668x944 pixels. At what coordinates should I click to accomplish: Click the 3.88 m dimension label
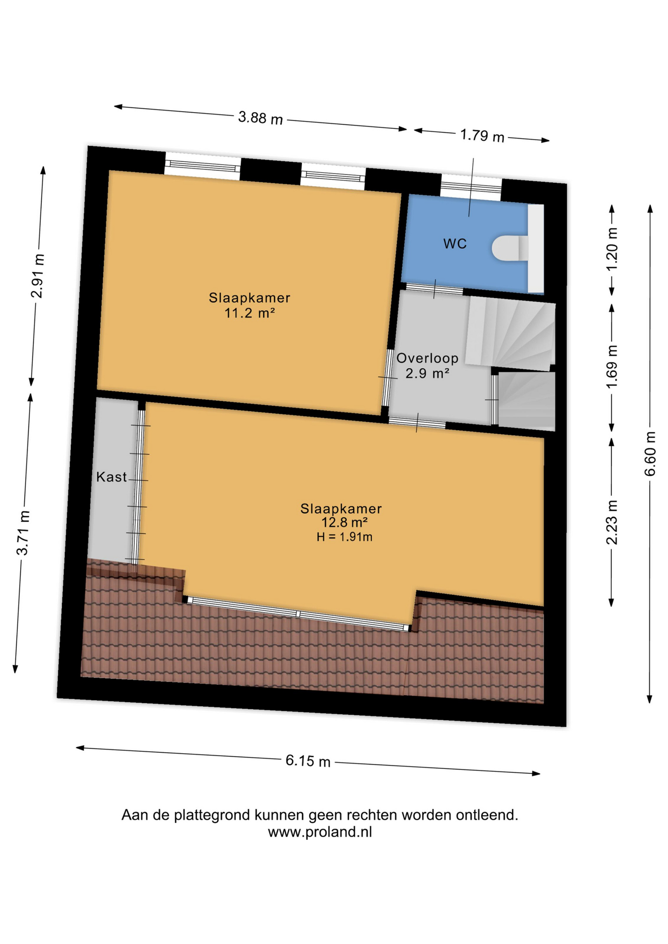tap(261, 118)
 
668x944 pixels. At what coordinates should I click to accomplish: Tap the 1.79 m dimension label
tap(482, 135)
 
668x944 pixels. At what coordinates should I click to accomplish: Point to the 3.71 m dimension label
tap(23, 533)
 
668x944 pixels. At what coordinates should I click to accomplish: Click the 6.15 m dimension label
tap(308, 761)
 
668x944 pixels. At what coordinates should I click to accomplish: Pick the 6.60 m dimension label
tap(650, 454)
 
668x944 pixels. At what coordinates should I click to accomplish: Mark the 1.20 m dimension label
tap(612, 249)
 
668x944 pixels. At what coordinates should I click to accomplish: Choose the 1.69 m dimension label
tap(612, 367)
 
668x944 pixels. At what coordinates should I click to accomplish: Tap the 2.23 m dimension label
tap(612, 523)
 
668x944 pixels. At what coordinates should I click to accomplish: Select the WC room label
tap(455, 244)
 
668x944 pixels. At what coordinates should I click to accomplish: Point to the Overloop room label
tap(427, 358)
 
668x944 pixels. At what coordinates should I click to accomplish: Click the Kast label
tap(112, 477)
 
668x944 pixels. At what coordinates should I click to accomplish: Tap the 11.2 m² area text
tap(250, 313)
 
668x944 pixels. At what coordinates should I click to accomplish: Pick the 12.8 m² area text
tap(345, 522)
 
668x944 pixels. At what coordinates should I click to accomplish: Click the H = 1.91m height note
tap(344, 537)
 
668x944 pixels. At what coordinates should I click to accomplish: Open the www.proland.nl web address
tap(320, 832)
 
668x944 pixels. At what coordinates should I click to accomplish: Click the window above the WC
tap(471, 188)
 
